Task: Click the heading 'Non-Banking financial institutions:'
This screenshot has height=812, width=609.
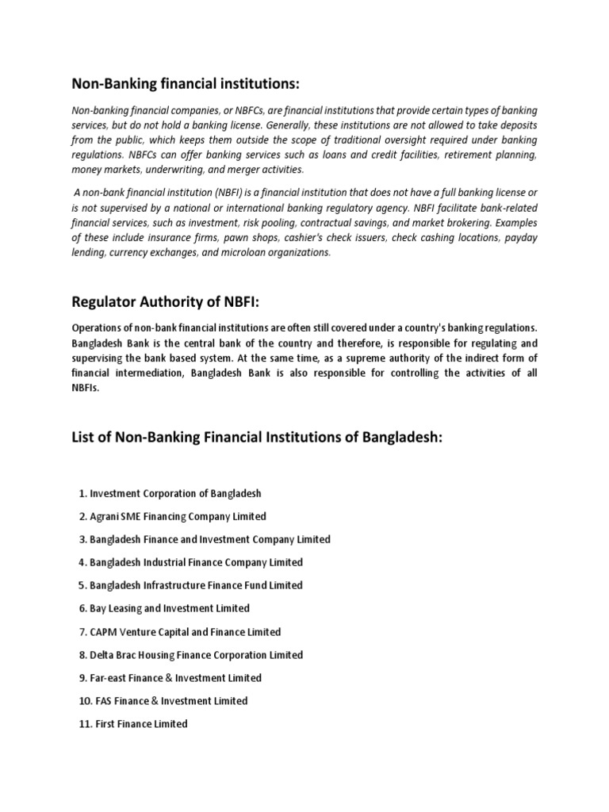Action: pos(186,84)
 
